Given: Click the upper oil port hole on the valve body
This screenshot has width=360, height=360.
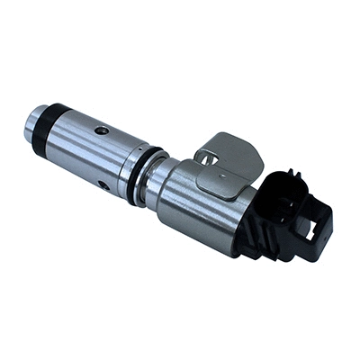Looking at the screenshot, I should [x=102, y=130].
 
